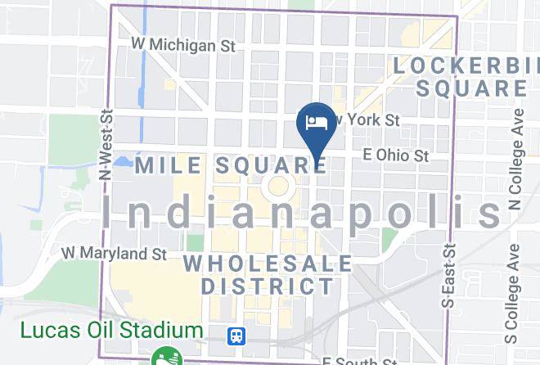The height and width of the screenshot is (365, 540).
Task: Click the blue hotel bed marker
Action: pyautogui.click(x=316, y=124)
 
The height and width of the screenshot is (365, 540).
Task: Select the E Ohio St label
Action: pyautogui.click(x=396, y=154)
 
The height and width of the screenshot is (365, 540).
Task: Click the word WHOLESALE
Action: pyautogui.click(x=268, y=264)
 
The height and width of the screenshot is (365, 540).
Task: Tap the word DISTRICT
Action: pyautogui.click(x=268, y=286)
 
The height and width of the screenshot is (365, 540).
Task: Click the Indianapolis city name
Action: pyautogui.click(x=301, y=213)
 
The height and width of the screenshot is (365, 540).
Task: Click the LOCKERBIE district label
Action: pyautogui.click(x=466, y=64)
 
